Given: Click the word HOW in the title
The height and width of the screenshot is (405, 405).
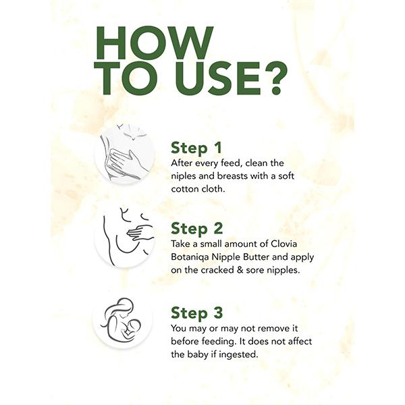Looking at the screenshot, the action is click(155, 43).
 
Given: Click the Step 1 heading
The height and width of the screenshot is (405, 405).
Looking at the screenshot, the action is click(196, 148).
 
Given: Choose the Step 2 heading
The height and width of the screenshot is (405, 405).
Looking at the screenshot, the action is click(196, 228).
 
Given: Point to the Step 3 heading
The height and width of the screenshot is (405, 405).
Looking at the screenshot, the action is click(196, 313).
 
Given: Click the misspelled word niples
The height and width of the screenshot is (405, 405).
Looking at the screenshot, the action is click(184, 176).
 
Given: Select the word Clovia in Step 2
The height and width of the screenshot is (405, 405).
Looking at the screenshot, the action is click(284, 244).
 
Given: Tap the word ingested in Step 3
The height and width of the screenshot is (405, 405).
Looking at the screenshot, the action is click(238, 354).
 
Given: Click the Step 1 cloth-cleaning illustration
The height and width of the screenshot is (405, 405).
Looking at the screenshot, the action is click(124, 154).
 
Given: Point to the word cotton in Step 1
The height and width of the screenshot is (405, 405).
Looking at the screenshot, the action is click(184, 189).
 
